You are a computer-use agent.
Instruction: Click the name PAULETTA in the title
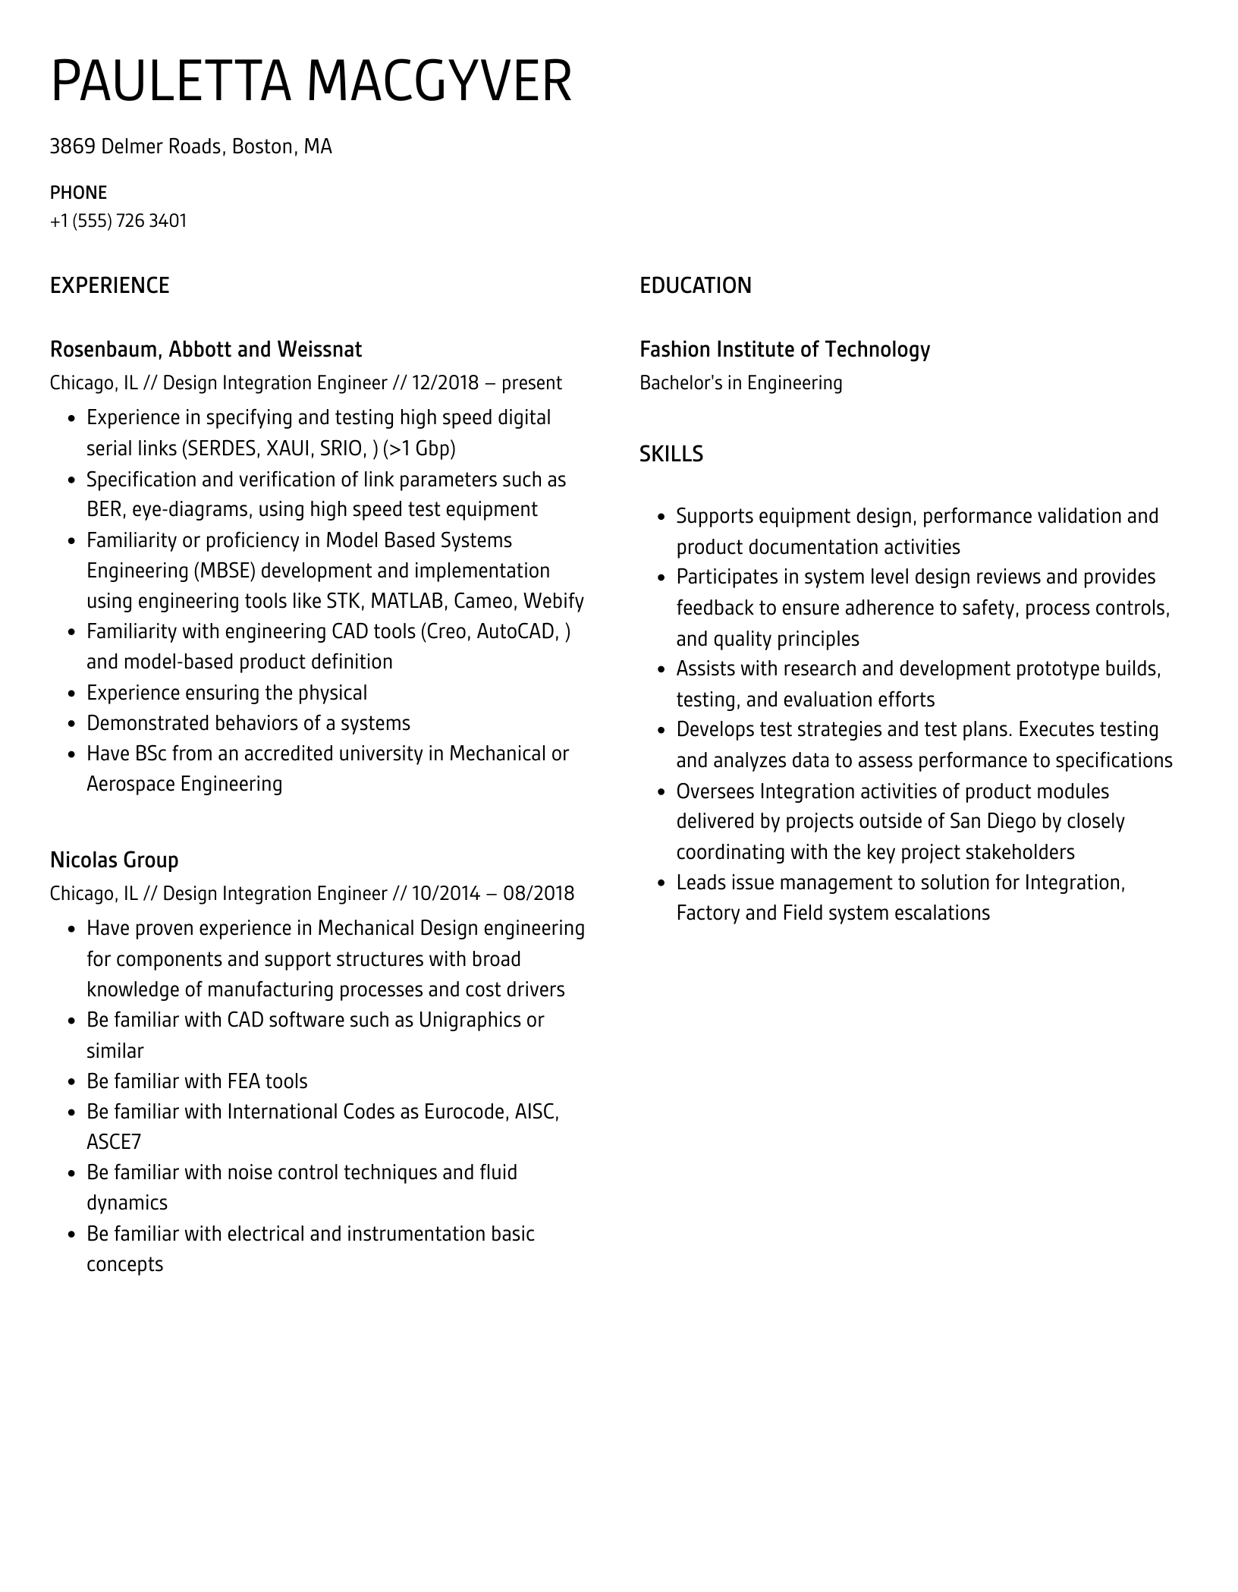171,81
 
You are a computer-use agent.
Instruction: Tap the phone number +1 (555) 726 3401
118,221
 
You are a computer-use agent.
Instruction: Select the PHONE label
78,192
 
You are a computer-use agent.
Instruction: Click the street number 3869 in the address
72,146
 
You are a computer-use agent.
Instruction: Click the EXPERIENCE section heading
109,285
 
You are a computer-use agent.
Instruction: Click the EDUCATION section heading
695,285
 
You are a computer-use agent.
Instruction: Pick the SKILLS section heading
671,454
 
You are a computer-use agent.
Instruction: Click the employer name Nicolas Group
114,860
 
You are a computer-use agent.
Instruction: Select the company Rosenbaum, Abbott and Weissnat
206,349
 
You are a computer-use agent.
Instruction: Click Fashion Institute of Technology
784,349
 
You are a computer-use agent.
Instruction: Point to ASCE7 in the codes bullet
114,1142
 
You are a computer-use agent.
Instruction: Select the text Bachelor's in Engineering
740,382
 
